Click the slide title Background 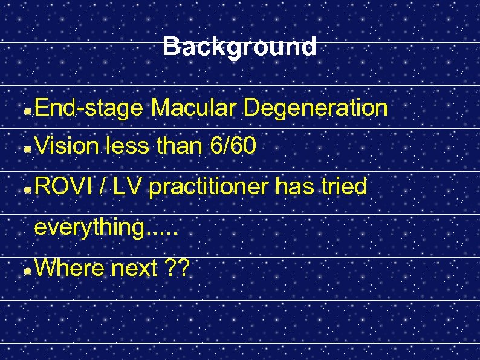point(239,47)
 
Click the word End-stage point(89,108)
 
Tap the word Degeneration point(315,108)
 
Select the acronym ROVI point(63,187)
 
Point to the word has point(294,187)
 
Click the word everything point(91,228)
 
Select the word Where point(70,268)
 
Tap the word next point(134,269)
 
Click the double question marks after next point(177,268)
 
